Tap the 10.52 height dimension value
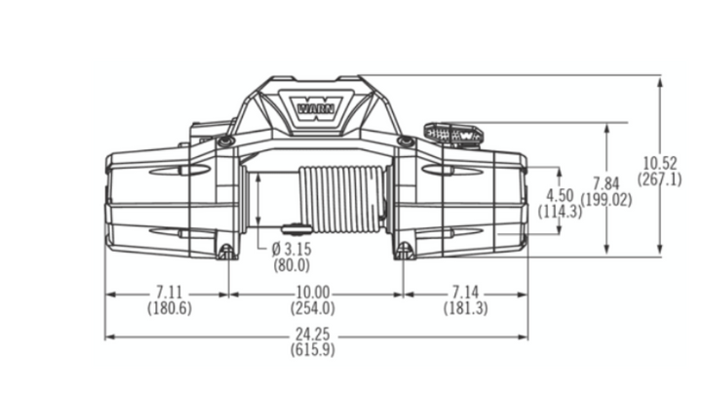click(660, 163)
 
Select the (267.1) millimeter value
click(660, 179)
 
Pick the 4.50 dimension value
click(561, 195)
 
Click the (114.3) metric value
click(561, 211)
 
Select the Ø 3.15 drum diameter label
click(290, 249)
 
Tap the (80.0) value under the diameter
click(290, 264)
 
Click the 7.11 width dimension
click(168, 293)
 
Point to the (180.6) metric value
click(168, 308)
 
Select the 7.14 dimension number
click(466, 293)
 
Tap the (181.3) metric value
click(466, 308)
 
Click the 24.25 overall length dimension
click(316, 336)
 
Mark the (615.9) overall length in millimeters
click(316, 351)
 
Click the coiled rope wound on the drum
click(337, 199)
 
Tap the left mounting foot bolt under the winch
click(226, 253)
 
